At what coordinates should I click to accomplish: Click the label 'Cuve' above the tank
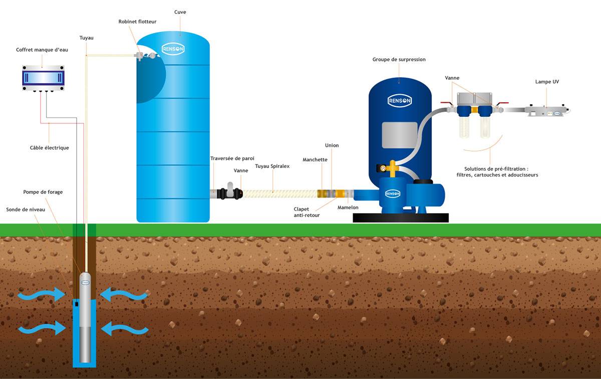(180, 12)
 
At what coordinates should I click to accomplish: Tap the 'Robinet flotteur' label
(137, 22)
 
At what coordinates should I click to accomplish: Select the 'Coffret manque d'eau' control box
(43, 78)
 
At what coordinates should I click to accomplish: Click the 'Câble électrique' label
(49, 148)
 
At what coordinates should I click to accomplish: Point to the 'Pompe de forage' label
(43, 192)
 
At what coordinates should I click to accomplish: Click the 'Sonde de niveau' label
(26, 210)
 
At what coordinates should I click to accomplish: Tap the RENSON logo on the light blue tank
(173, 49)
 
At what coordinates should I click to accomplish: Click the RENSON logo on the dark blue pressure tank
(400, 101)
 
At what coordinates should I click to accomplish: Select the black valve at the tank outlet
(231, 192)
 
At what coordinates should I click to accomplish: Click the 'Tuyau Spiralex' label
(272, 166)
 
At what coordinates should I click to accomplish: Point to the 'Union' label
(332, 145)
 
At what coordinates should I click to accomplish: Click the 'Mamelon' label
(348, 207)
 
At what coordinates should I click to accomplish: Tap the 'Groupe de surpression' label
(399, 59)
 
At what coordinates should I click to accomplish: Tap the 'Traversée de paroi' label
(232, 158)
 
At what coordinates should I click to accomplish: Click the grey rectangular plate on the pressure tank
(399, 135)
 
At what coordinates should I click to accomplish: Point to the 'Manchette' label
(315, 159)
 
